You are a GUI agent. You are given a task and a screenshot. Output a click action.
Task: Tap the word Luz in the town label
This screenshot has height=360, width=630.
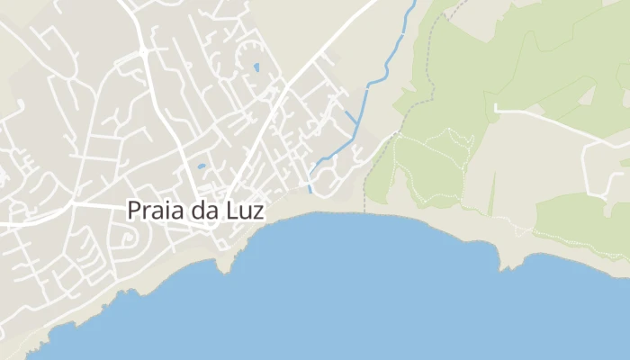coord(243,210)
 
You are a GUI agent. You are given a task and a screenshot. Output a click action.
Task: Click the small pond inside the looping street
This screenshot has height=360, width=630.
coord(256,67)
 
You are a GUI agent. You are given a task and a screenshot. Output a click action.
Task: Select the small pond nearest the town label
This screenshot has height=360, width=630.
coord(202,166)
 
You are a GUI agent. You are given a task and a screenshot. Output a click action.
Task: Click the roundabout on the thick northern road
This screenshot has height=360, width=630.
coord(143,51)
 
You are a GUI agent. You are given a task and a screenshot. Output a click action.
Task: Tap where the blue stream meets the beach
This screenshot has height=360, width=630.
coord(310,190)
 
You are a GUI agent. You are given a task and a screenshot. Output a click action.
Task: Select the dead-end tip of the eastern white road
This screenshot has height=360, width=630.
coord(496,109)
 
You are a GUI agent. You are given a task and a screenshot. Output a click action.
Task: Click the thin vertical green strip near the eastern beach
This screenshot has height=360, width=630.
coord(492,193)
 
